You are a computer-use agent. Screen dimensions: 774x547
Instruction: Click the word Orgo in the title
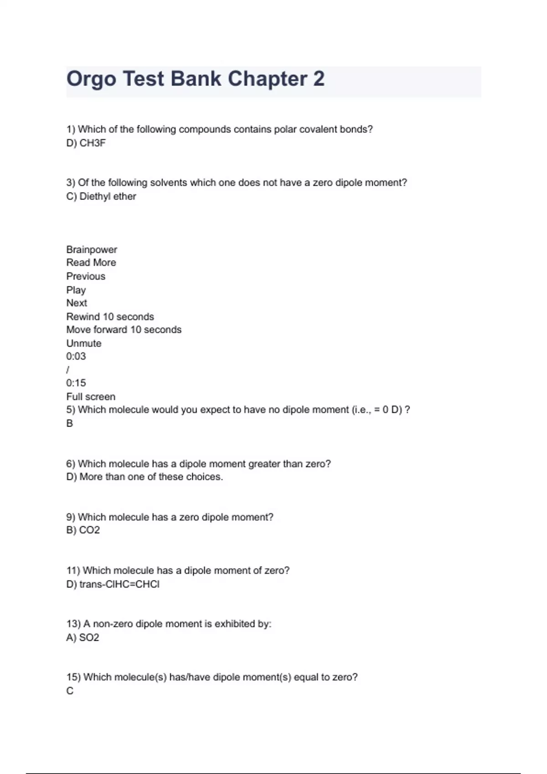91,79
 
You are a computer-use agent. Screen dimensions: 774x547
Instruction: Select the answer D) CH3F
86,143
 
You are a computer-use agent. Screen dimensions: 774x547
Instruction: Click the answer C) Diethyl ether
101,196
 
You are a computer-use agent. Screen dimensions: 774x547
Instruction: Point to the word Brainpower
92,250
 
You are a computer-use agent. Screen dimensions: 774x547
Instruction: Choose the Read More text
91,263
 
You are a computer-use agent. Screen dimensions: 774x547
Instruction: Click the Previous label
86,276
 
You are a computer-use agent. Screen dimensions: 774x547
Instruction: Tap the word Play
76,290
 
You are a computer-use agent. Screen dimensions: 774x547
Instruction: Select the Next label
77,303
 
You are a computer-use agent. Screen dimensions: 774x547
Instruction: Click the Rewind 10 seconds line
110,316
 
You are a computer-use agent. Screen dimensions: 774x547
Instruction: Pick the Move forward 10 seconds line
124,330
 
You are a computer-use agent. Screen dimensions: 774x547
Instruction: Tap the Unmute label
84,343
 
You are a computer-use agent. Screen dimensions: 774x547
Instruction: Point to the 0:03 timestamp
76,356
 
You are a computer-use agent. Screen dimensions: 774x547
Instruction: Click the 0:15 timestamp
76,383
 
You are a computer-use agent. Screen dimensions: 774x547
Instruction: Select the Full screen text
91,397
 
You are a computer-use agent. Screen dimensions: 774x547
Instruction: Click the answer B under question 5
70,423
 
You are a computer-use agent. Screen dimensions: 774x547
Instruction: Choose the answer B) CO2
83,530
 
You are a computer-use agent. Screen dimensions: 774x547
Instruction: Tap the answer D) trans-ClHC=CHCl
113,584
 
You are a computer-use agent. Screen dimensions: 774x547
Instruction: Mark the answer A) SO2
83,637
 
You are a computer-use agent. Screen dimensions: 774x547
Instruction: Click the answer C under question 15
70,691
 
